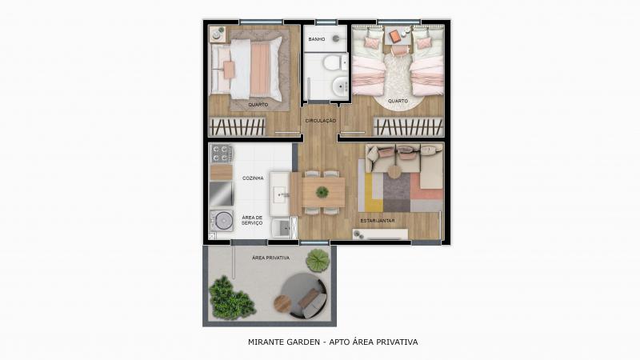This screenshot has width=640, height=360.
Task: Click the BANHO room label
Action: click(317, 39)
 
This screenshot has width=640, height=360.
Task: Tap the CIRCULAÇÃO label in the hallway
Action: click(321, 121)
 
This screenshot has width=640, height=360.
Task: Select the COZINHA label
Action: click(253, 178)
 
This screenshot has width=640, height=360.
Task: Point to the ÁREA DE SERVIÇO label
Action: click(252, 221)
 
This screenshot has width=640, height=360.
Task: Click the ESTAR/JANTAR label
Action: click(378, 221)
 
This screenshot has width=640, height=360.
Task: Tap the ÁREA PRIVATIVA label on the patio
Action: click(270, 258)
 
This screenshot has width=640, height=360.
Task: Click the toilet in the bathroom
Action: click(335, 63)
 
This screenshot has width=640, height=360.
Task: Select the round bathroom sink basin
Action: click(339, 86)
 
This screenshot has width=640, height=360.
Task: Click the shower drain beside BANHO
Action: click(336, 38)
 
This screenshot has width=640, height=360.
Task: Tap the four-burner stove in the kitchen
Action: click(222, 154)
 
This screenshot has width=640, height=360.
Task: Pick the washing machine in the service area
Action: click(222, 221)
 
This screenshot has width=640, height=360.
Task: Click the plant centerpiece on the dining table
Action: click(322, 192)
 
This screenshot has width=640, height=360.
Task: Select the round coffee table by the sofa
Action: click(394, 172)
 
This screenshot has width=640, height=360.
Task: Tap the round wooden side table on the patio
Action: click(282, 303)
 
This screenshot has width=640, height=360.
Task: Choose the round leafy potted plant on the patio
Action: click(318, 260)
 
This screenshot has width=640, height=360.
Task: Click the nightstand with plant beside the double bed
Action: click(218, 34)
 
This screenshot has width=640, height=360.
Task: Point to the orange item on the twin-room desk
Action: click(394, 37)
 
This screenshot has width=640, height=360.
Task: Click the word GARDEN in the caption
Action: click(302, 342)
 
